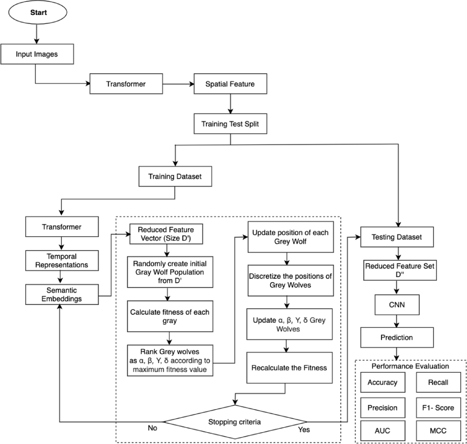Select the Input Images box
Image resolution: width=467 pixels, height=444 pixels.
(37, 54)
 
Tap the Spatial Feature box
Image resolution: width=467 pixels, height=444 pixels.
(230, 84)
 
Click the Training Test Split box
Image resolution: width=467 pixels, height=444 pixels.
(230, 124)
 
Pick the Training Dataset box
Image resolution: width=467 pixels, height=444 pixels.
(175, 176)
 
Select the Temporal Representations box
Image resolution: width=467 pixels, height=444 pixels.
(62, 260)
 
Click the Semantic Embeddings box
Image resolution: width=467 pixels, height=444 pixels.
(62, 295)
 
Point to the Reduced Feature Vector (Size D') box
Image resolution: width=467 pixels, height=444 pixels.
(166, 234)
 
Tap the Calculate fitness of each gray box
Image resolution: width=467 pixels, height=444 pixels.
(170, 316)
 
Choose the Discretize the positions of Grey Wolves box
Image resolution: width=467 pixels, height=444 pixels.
(291, 281)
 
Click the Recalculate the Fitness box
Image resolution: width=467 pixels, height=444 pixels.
(289, 368)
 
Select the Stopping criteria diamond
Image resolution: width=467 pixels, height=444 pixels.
(234, 422)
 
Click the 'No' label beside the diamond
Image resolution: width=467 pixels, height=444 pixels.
(152, 428)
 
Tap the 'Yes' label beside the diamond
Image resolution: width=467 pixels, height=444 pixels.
(304, 430)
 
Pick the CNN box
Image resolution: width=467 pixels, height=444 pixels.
(397, 305)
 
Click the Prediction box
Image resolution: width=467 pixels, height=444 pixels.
(397, 337)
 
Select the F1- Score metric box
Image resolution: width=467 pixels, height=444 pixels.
(438, 408)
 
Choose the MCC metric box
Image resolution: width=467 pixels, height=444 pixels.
(438, 431)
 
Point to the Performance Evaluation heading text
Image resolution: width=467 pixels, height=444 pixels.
(410, 366)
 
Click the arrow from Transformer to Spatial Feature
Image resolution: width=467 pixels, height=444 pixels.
(178, 84)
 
